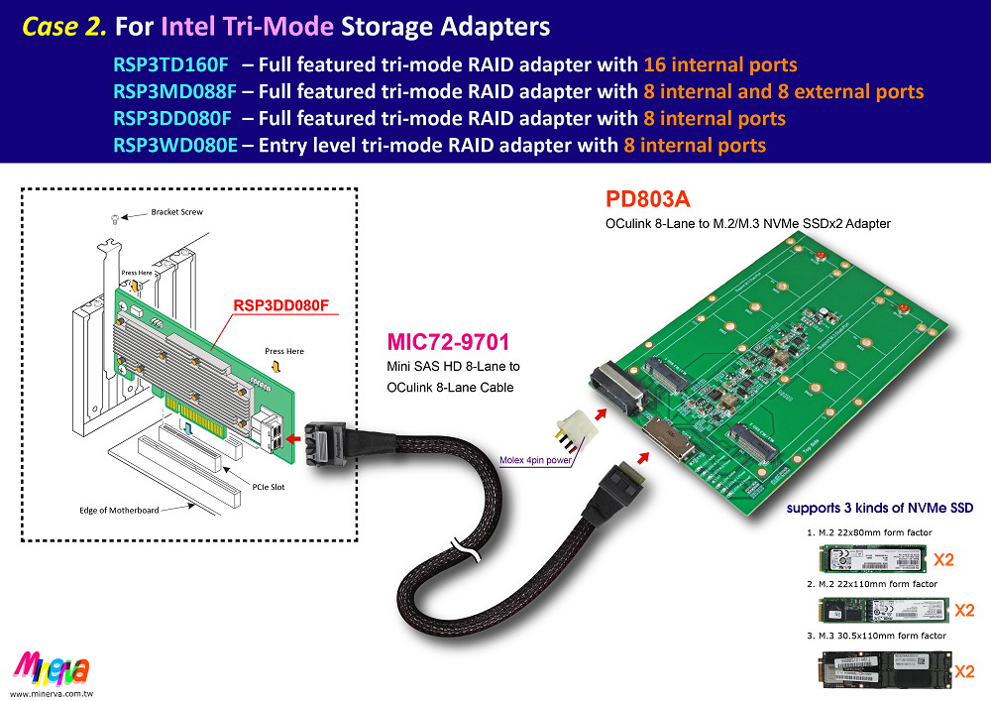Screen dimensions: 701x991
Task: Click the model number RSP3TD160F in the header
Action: [170, 65]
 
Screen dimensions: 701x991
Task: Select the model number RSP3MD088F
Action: [174, 92]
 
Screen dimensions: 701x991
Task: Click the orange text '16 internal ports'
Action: [720, 65]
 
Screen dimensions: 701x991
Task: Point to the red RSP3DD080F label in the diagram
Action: [280, 305]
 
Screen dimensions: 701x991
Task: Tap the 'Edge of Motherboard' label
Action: [132, 511]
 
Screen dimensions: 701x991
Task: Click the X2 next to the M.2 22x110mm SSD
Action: [964, 610]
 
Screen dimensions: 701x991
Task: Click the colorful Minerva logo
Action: [52, 667]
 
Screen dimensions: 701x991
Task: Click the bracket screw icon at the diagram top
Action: [117, 217]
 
